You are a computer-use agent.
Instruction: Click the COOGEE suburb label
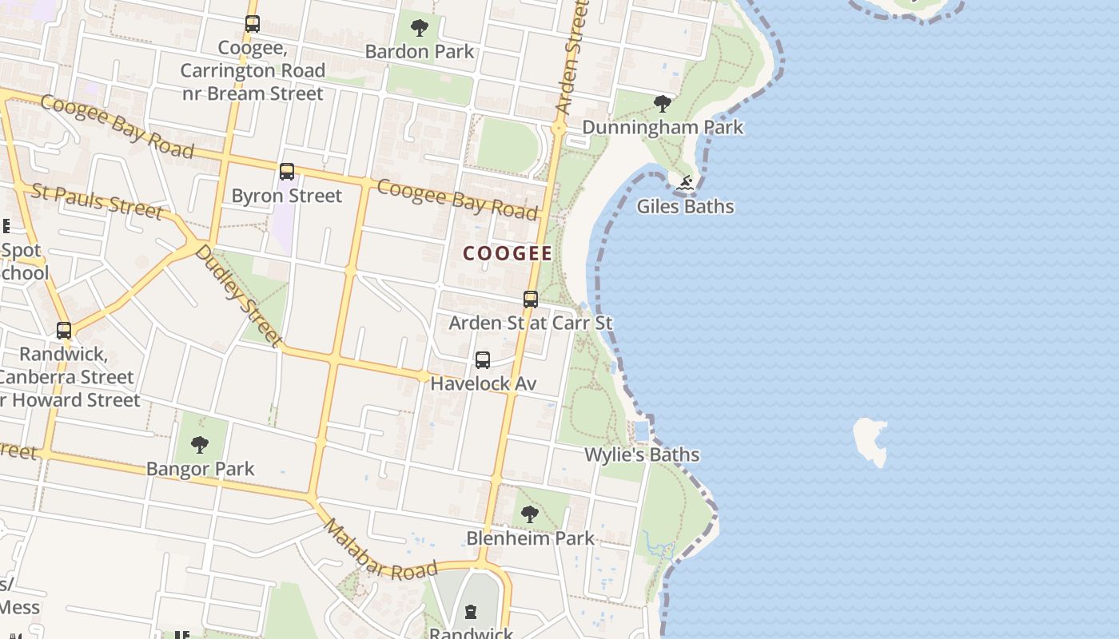click(508, 254)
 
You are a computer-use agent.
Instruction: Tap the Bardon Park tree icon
click(419, 29)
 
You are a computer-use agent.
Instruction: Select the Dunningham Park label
click(663, 127)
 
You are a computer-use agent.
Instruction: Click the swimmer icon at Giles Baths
click(685, 184)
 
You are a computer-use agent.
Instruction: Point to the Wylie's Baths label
click(642, 455)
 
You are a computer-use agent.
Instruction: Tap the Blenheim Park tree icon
click(529, 514)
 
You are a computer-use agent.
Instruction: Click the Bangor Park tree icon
click(200, 444)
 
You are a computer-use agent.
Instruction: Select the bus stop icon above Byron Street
click(287, 172)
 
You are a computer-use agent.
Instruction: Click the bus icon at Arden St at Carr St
click(531, 300)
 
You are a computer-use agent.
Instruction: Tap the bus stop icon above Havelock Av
click(483, 360)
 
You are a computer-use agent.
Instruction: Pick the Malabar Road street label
click(380, 550)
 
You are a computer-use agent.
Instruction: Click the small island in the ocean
click(871, 440)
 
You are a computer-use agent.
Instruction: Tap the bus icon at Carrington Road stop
click(253, 24)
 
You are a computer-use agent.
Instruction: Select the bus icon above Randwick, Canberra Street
click(64, 330)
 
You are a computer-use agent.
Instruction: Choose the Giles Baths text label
click(685, 207)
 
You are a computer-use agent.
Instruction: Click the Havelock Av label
click(483, 383)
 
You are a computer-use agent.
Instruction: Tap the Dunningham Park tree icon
click(662, 103)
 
